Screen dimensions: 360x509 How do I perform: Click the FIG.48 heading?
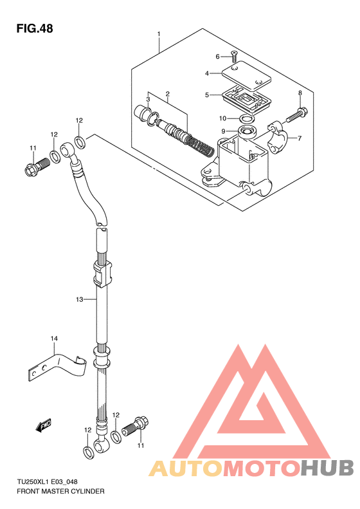35,28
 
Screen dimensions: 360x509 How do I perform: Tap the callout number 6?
218,57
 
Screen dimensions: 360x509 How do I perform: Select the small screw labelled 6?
234,57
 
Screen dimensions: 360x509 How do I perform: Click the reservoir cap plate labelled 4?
246,76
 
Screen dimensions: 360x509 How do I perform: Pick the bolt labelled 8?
297,116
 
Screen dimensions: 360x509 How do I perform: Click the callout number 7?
300,138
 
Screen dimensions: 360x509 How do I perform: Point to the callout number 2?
168,94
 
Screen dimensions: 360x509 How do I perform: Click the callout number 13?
80,299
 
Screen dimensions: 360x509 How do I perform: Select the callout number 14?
54,338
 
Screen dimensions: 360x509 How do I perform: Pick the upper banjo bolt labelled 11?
37,165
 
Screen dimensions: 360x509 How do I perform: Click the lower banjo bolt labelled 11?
135,426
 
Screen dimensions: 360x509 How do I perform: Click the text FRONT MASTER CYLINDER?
60,491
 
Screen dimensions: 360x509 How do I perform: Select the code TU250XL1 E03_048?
47,482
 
